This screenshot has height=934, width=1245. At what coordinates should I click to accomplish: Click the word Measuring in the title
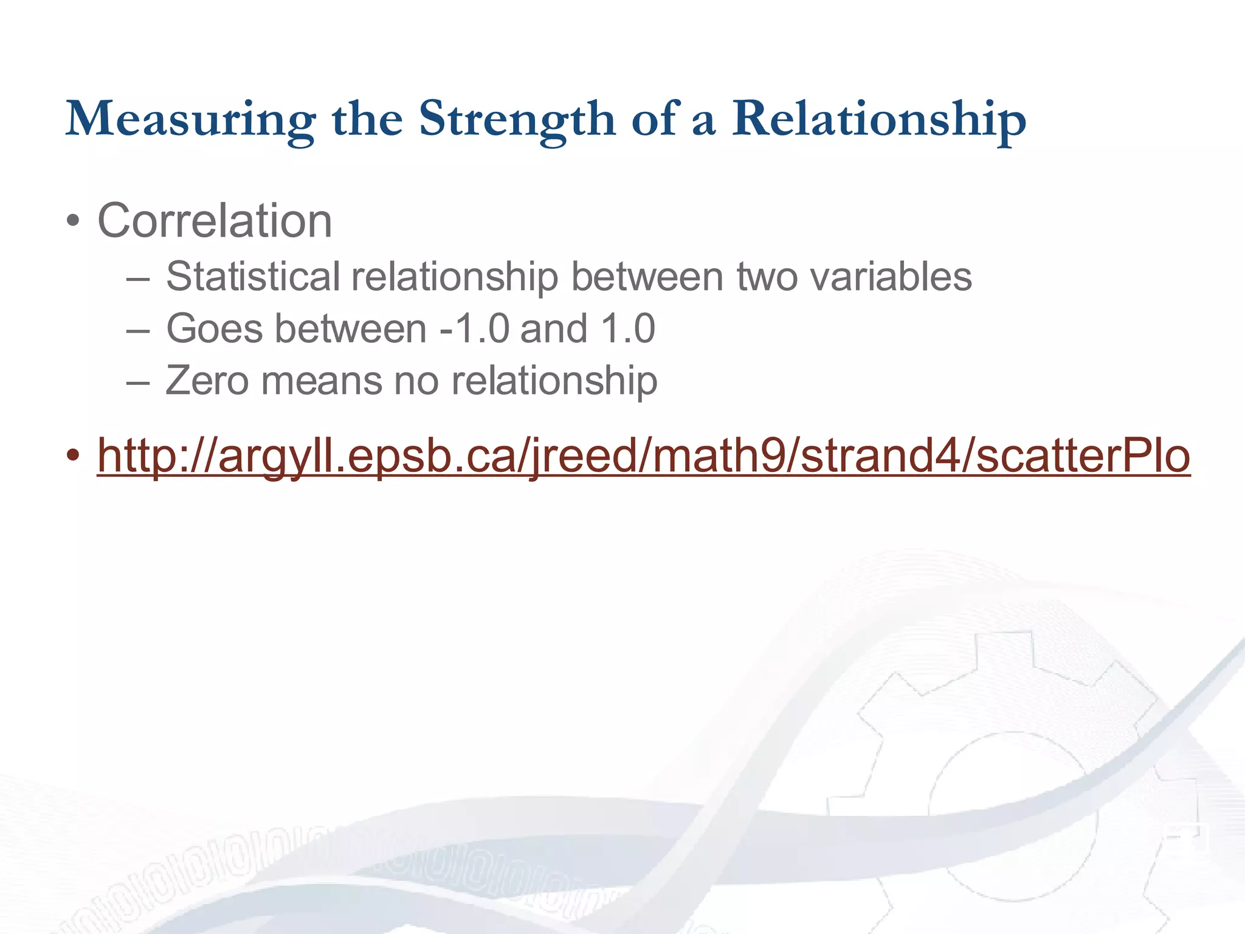(x=190, y=119)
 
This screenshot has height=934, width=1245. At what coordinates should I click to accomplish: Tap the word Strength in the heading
(x=517, y=119)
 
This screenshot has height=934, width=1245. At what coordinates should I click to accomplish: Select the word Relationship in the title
(x=879, y=119)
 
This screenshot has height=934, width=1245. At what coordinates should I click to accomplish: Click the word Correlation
(x=215, y=221)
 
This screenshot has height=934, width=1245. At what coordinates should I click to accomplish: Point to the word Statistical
(x=253, y=277)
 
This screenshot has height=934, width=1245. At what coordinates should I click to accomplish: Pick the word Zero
(x=207, y=381)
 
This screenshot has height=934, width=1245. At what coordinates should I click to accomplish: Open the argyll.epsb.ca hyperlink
(x=643, y=456)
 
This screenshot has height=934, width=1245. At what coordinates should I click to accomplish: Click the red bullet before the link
(x=73, y=456)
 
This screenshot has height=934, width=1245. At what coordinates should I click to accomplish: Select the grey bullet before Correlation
(x=73, y=221)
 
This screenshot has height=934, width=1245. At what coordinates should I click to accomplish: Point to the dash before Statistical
(x=138, y=279)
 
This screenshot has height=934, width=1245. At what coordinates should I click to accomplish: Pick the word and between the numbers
(x=554, y=329)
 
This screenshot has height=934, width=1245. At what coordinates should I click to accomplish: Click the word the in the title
(x=367, y=119)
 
